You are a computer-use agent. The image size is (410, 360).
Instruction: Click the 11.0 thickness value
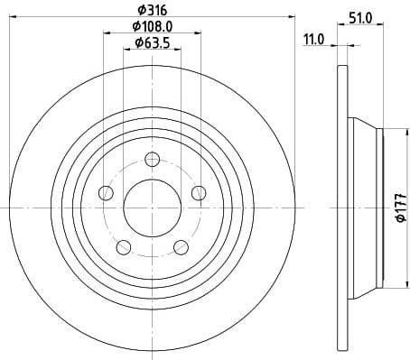click(314, 40)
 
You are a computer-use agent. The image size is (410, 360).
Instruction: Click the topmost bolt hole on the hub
click(152, 161)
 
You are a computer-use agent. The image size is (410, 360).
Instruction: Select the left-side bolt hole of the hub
click(107, 193)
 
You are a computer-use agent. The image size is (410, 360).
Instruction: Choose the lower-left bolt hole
click(124, 245)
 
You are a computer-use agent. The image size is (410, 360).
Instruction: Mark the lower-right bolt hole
click(180, 245)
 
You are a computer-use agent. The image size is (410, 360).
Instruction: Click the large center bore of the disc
click(152, 208)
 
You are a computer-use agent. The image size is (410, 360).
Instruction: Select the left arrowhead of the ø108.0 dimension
click(107, 32)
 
